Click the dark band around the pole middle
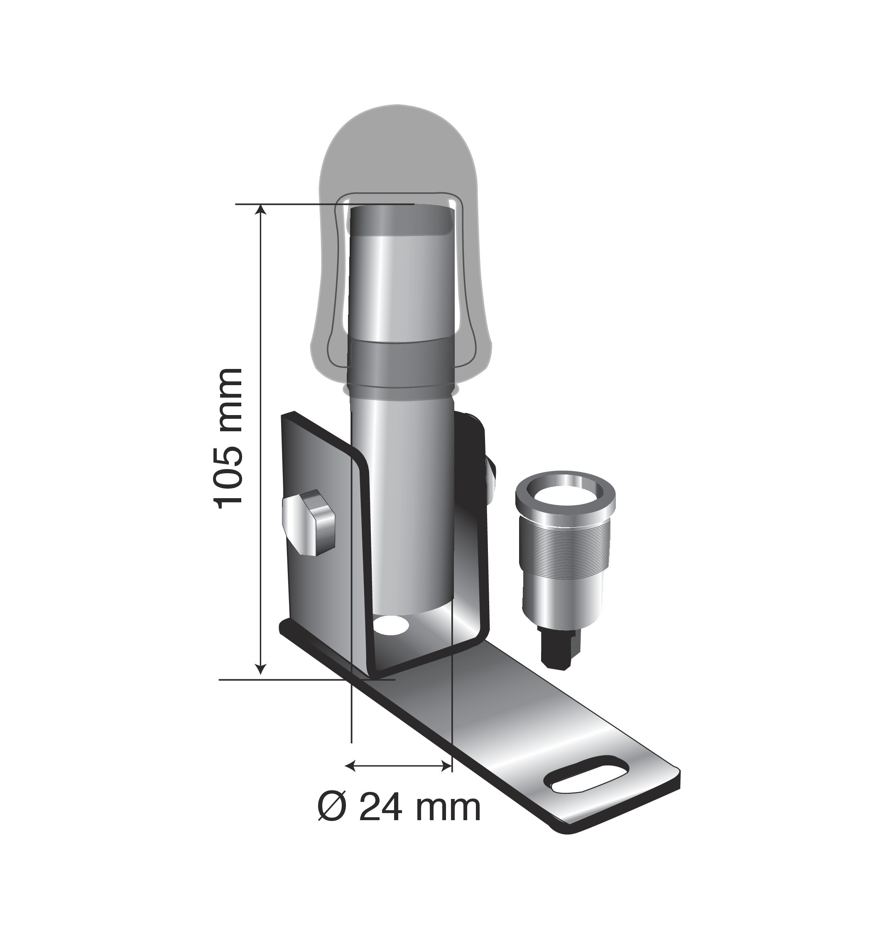(x=399, y=364)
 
